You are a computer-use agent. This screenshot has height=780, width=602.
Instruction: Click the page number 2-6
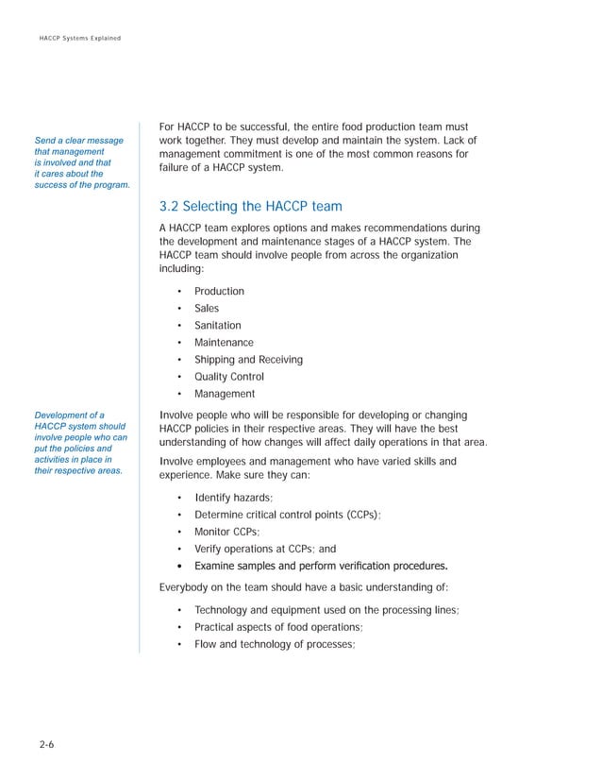(x=46, y=746)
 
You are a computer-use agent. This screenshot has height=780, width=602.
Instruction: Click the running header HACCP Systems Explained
(x=79, y=37)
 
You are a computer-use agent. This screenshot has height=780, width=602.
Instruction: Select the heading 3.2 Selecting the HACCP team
(x=250, y=206)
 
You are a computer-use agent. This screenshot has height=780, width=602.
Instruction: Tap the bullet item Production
(x=219, y=291)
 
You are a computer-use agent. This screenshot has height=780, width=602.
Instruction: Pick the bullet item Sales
(x=206, y=308)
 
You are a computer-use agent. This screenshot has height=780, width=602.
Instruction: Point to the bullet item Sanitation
(x=217, y=325)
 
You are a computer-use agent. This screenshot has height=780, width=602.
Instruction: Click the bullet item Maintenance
(x=224, y=342)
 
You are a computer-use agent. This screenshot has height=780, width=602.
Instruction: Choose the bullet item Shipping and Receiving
(x=248, y=359)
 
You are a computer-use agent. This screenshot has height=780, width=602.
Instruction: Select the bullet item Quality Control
(x=229, y=377)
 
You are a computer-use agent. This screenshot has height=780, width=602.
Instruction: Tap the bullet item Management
(x=225, y=394)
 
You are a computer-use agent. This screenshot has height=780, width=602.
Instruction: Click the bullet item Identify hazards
(x=234, y=498)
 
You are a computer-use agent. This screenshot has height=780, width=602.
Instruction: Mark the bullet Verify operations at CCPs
(x=264, y=549)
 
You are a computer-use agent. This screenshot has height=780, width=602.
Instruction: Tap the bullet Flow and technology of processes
(x=274, y=644)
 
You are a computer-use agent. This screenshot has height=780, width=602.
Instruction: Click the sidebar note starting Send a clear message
(x=81, y=162)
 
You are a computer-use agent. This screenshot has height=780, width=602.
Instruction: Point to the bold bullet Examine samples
(x=320, y=566)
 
